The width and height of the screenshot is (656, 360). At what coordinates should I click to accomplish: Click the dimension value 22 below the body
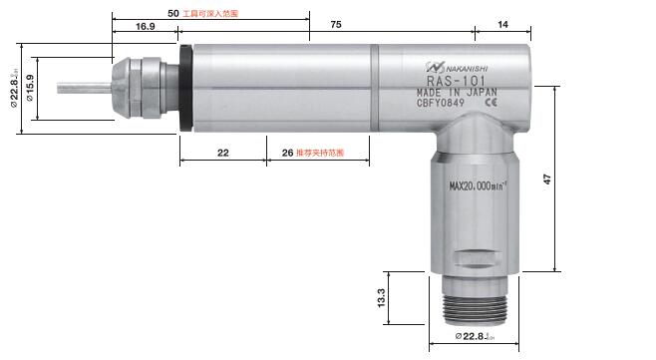(222, 153)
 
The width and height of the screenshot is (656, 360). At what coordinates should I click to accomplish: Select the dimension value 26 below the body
(287, 153)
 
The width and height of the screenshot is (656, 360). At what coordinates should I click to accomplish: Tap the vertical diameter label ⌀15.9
(30, 91)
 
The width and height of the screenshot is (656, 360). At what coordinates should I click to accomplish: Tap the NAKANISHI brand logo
(461, 69)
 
